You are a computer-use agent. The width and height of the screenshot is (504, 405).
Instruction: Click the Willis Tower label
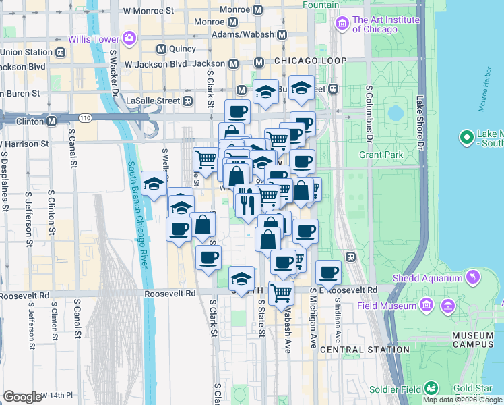pos(92,39)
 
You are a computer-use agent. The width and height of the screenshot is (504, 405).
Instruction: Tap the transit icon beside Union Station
pos(61,52)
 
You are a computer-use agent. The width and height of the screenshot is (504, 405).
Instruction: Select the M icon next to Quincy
pos(161,49)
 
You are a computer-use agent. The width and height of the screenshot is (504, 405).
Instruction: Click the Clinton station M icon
pos(51,121)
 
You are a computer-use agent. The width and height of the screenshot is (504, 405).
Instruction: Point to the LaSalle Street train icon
pos(187,101)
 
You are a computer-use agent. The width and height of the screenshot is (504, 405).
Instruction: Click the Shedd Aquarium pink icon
pos(473,277)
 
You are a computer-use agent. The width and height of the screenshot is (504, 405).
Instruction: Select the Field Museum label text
pos(396,306)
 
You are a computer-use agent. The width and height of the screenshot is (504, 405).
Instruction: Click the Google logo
pos(22,397)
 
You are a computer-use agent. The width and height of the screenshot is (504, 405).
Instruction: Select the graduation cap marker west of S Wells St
pos(154,184)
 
